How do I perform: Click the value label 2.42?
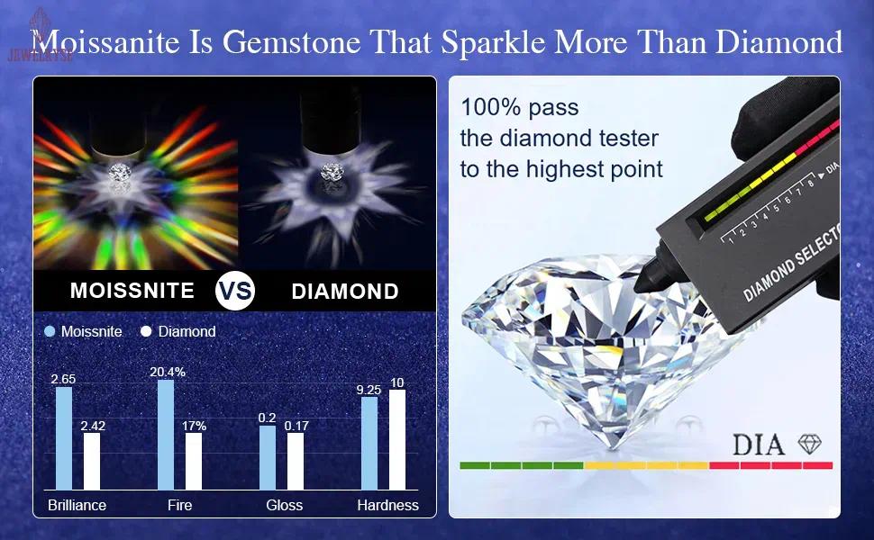[92, 426]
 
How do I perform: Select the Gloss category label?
[284, 505]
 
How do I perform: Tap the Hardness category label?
[387, 505]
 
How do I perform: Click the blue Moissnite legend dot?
[50, 331]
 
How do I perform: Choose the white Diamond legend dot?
[146, 331]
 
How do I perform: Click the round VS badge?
[235, 291]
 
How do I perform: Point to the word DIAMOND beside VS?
[345, 291]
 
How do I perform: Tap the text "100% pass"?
[519, 108]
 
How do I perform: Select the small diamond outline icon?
[810, 443]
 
